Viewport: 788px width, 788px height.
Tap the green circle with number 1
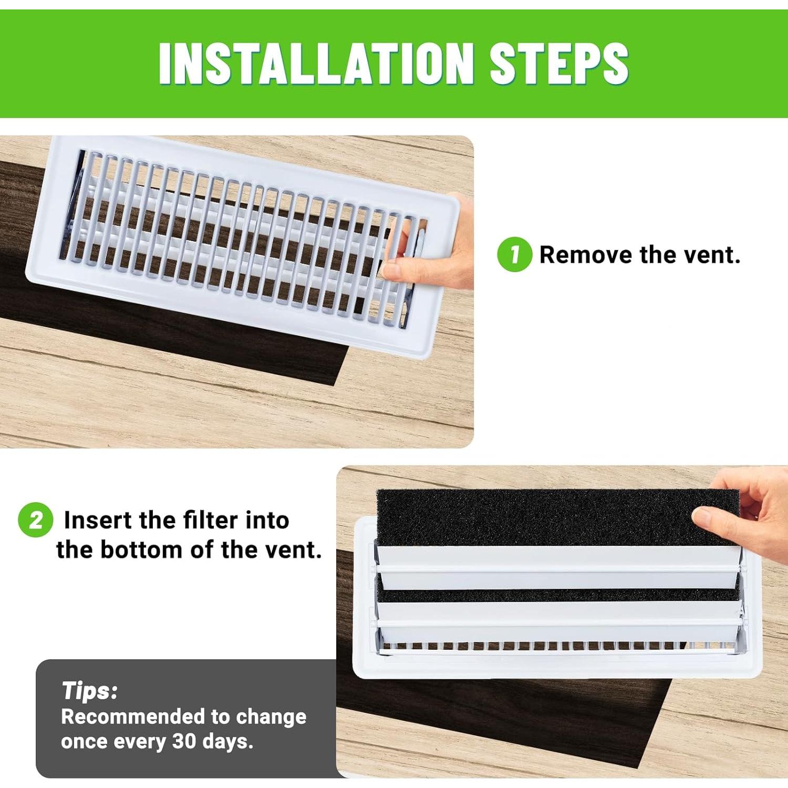pos(514,255)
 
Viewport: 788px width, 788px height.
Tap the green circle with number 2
pos(35,520)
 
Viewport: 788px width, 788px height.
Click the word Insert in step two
pos(98,520)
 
